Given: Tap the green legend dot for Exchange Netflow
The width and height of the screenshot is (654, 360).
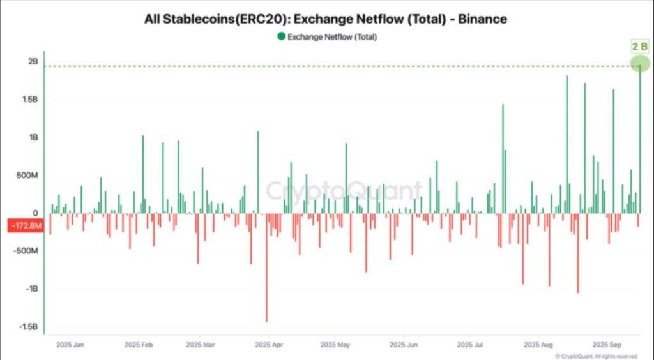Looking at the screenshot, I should point(280,36).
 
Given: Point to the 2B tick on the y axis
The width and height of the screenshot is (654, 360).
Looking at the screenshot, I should point(33,62).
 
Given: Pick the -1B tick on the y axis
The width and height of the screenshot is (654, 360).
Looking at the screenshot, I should point(31,289).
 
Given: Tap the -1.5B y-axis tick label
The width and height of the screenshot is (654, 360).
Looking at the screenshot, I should point(29,327).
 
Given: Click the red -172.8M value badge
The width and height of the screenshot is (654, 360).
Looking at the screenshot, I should point(25,225).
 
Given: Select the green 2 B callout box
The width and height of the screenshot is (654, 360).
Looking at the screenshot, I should point(639,46).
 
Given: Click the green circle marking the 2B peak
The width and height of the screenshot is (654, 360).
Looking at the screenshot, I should point(639,64).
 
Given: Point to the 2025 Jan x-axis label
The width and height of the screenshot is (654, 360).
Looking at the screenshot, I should point(70,345).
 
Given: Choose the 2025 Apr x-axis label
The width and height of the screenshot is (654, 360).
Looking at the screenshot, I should point(269,345).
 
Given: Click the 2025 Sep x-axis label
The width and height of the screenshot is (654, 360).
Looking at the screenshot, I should point(607,345).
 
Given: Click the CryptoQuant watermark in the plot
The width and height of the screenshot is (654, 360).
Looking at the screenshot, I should point(344,190).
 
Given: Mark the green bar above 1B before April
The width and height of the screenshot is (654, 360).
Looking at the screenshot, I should point(258,172).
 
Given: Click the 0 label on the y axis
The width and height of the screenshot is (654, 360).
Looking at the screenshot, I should point(36,213).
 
